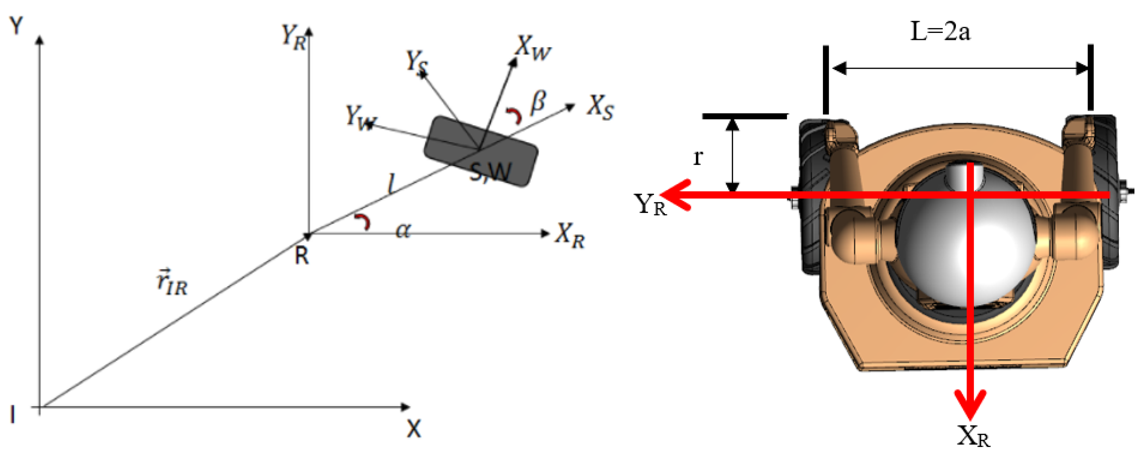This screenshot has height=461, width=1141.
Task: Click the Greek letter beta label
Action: [x=538, y=102]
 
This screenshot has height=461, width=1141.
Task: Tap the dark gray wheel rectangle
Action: [x=481, y=151]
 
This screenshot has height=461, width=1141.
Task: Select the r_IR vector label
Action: [x=172, y=282]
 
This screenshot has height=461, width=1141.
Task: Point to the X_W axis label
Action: [x=533, y=48]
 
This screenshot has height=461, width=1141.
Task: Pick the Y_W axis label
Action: [x=360, y=117]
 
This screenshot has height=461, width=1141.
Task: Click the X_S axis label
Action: [x=601, y=107]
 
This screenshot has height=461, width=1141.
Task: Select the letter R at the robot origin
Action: [x=302, y=256]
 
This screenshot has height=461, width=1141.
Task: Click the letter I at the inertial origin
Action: [x=13, y=415]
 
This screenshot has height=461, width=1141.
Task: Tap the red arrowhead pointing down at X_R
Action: [x=970, y=404]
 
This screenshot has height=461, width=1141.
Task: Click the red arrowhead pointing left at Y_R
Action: [x=675, y=195]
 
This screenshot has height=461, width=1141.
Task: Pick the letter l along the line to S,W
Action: [x=391, y=183]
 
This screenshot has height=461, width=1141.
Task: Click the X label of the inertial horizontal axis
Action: [x=414, y=429]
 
